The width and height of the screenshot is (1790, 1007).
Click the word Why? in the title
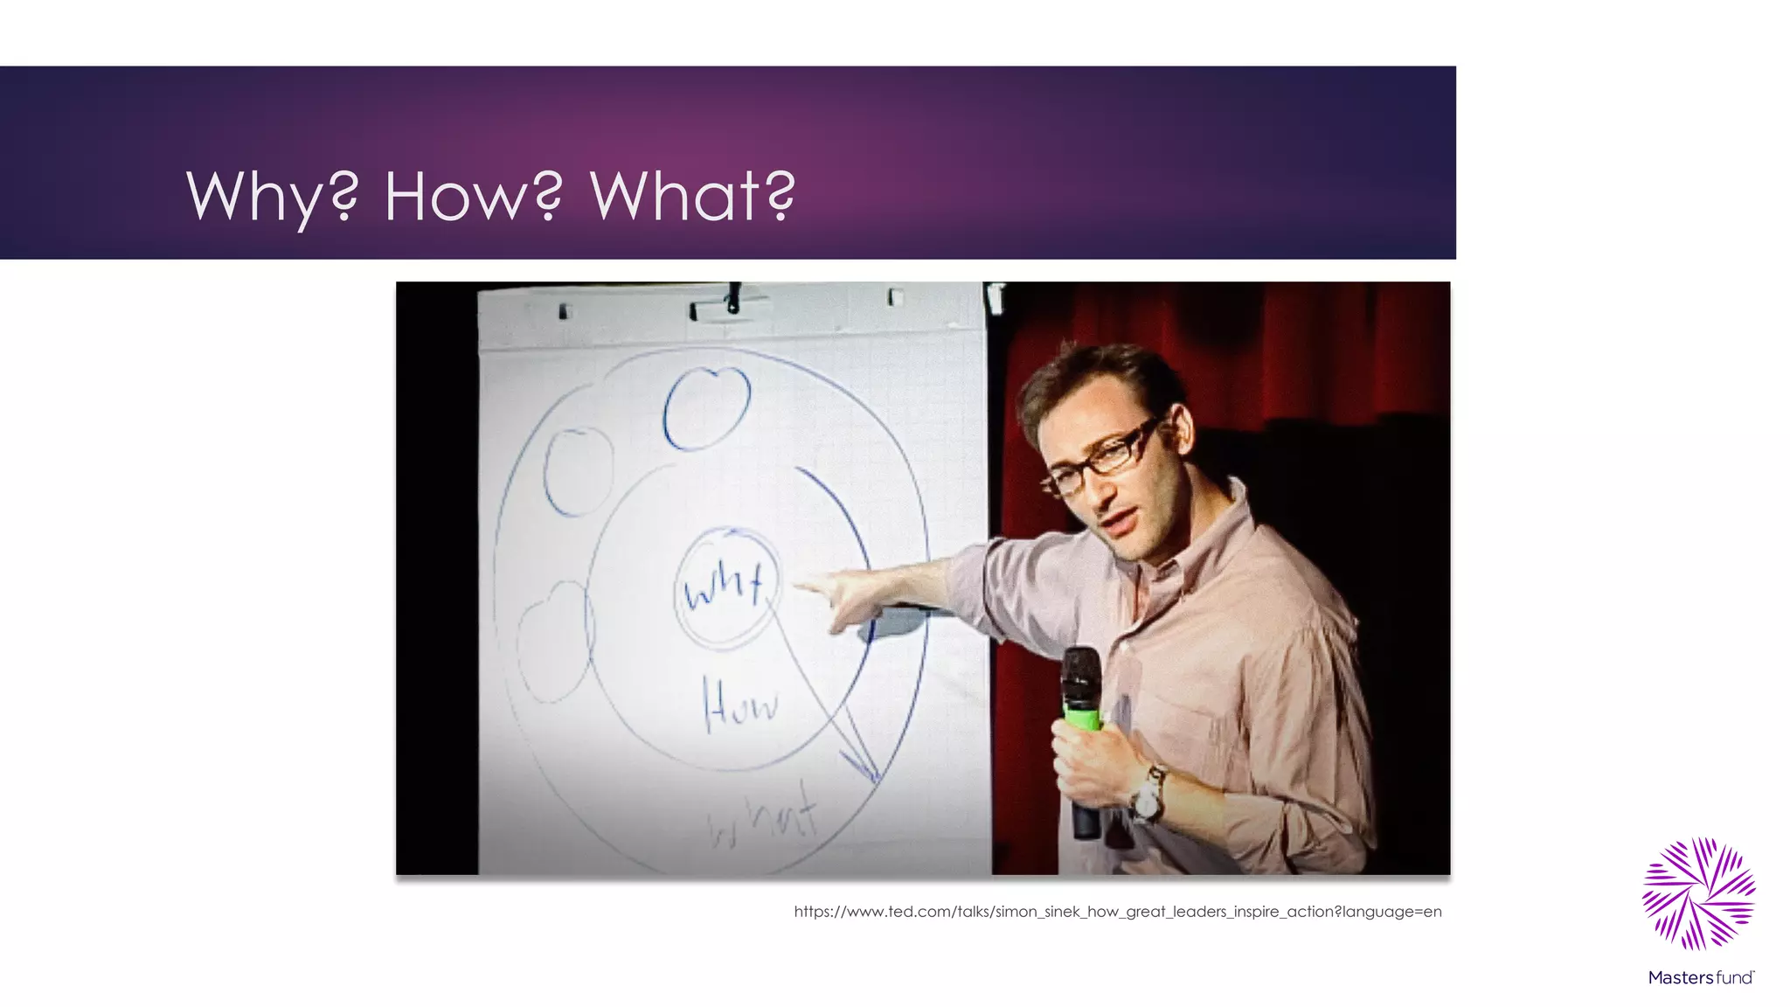pyautogui.click(x=272, y=196)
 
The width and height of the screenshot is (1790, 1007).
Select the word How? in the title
pyautogui.click(x=473, y=196)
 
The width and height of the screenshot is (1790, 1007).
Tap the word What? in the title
pyautogui.click(x=693, y=196)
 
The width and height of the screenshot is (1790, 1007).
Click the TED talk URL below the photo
pyautogui.click(x=1117, y=912)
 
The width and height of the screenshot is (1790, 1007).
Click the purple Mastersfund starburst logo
pyautogui.click(x=1699, y=893)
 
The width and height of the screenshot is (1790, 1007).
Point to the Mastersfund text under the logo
pyautogui.click(x=1700, y=977)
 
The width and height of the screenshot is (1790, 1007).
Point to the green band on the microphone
pyautogui.click(x=1082, y=719)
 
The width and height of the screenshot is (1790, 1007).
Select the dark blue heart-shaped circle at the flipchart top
pyautogui.click(x=706, y=407)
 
